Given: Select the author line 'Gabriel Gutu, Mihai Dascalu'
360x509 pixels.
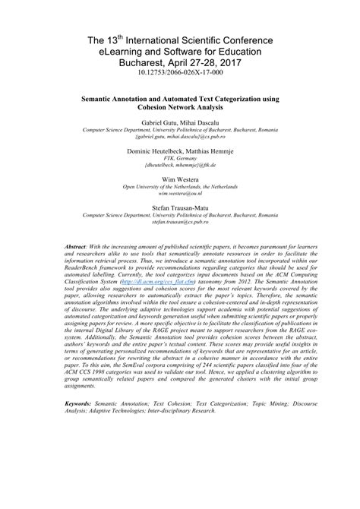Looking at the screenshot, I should coord(179,122).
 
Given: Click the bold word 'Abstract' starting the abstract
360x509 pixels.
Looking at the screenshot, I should coord(75,248).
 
